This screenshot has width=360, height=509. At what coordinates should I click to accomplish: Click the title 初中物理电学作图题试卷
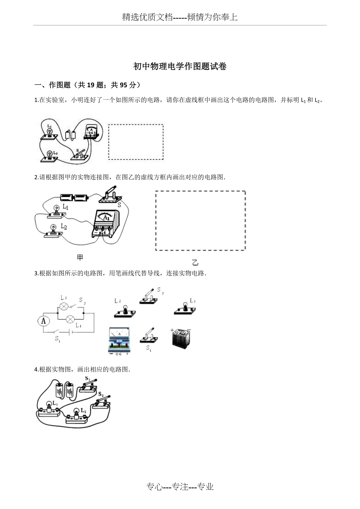180,66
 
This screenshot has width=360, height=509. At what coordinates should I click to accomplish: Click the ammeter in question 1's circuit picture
91,133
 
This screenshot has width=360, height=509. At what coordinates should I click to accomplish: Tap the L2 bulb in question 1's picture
50,155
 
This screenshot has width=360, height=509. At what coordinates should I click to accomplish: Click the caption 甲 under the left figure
80,257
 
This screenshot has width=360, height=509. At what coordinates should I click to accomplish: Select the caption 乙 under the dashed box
195,263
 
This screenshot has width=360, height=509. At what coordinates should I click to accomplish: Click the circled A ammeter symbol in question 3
43,321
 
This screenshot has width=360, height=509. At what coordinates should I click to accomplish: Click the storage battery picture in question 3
182,337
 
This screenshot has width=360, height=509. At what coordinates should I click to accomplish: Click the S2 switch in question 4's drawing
102,403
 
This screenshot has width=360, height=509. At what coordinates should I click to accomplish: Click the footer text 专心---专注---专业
180,487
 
